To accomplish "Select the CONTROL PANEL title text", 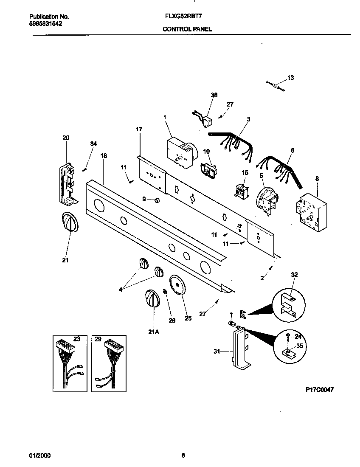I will (187, 29).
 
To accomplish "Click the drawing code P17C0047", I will (319, 389).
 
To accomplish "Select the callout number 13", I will (290, 78).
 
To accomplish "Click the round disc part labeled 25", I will (177, 284).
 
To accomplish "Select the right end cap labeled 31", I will (240, 349).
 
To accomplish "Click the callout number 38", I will (214, 95).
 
